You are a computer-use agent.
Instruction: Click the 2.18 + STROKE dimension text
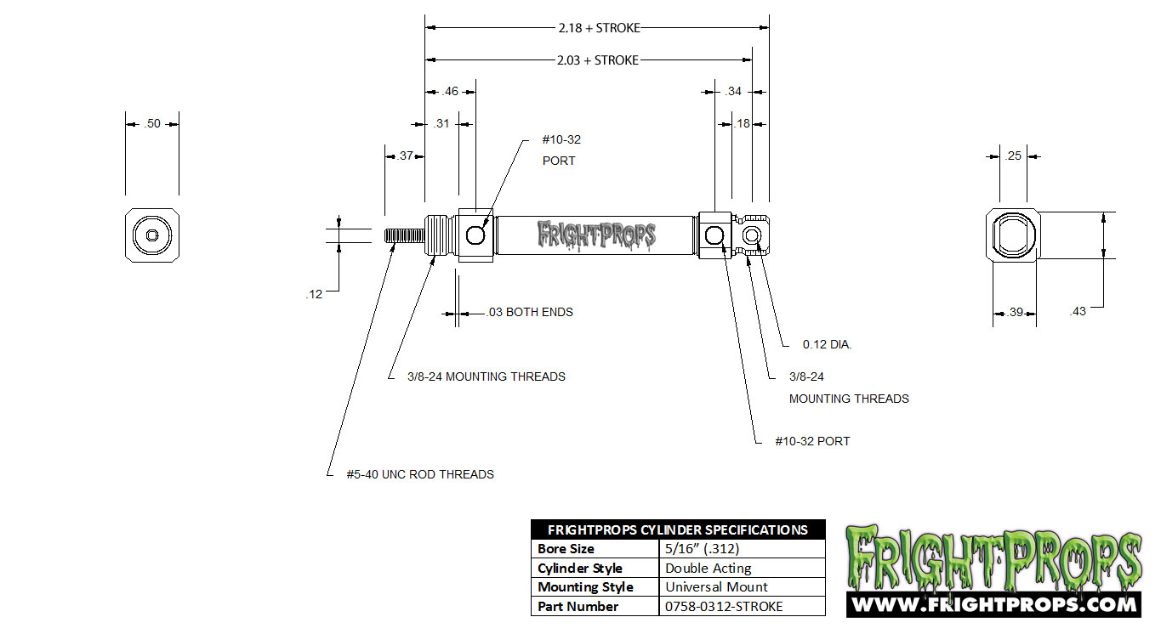click(x=599, y=28)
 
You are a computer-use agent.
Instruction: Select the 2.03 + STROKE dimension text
click(x=598, y=60)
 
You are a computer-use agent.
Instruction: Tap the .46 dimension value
click(x=450, y=91)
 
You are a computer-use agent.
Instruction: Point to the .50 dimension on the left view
click(x=152, y=123)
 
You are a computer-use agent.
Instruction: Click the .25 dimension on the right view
click(x=1013, y=156)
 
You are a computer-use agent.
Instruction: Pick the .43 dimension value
click(x=1078, y=311)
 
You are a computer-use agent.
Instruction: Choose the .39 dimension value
click(x=1015, y=312)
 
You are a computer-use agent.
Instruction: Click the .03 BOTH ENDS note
click(x=530, y=312)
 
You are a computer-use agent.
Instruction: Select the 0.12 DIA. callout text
click(x=827, y=344)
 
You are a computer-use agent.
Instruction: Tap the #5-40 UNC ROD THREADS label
click(x=420, y=474)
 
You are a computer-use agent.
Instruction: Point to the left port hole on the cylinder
click(x=475, y=235)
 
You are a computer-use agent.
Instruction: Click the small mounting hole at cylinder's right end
click(x=752, y=235)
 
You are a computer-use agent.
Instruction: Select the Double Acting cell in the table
click(x=708, y=569)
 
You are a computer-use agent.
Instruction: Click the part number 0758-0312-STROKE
click(x=724, y=606)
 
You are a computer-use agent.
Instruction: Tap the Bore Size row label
click(x=566, y=548)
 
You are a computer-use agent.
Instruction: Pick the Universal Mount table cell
click(x=716, y=587)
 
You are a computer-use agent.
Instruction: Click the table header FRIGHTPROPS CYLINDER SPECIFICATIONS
click(x=678, y=529)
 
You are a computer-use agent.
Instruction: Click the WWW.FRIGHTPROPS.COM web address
click(x=994, y=604)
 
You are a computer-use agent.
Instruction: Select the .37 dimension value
click(x=406, y=156)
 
